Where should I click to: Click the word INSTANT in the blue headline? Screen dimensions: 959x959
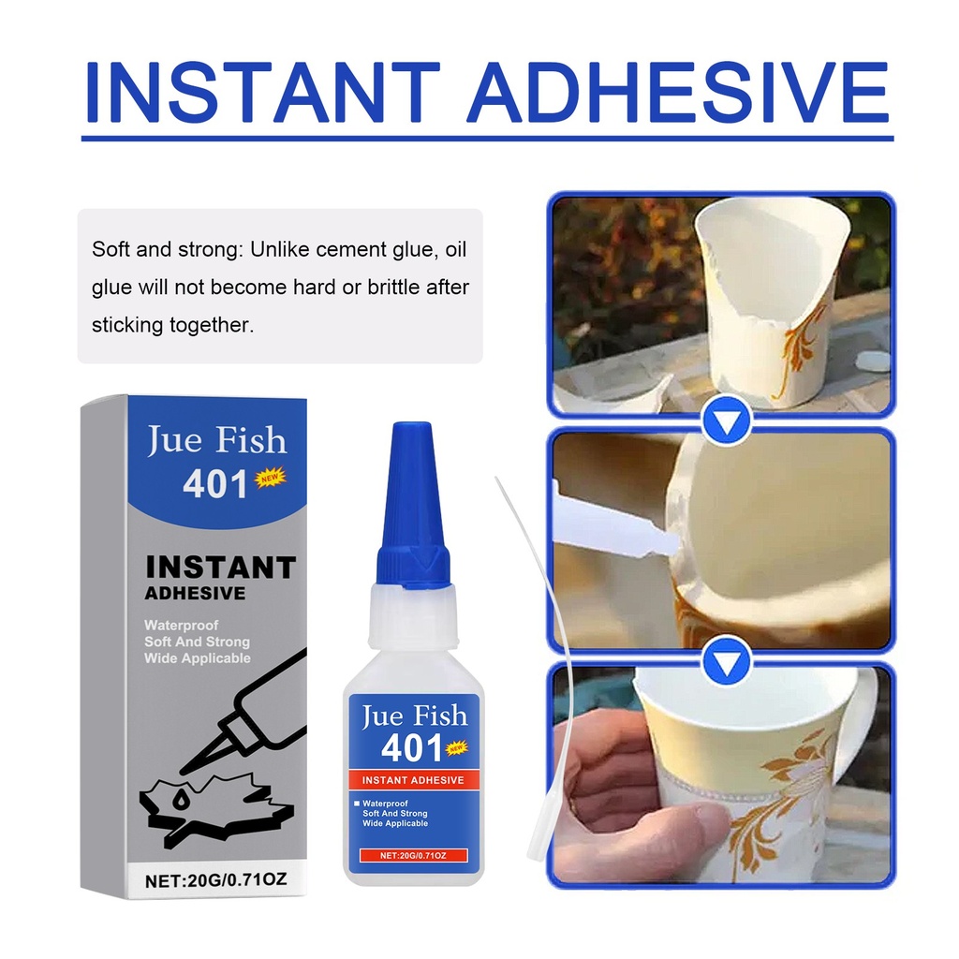click(x=262, y=93)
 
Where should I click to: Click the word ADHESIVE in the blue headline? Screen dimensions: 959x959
click(x=677, y=93)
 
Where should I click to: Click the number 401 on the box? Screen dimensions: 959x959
click(x=214, y=484)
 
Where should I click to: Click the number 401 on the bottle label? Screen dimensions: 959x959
click(x=412, y=747)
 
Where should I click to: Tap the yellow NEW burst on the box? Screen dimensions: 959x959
click(x=270, y=477)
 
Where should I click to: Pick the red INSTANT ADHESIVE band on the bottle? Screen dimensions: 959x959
click(x=412, y=780)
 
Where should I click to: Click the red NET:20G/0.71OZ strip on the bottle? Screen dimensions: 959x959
click(x=413, y=855)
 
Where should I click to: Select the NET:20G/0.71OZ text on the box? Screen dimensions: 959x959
click(x=216, y=879)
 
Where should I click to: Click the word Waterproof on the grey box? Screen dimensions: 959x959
click(x=181, y=625)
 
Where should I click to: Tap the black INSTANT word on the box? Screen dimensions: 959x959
click(x=220, y=567)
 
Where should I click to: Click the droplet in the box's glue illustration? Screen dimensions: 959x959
click(x=180, y=800)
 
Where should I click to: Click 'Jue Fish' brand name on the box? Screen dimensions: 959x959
click(x=217, y=440)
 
